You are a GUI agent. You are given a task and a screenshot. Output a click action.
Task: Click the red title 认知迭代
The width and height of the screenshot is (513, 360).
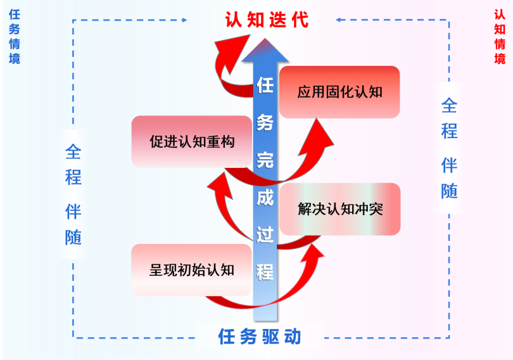pos(267,20)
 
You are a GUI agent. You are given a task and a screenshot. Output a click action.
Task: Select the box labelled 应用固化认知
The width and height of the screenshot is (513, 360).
pos(339,92)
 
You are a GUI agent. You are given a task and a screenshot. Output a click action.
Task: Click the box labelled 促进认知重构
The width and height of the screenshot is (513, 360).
pos(192,141)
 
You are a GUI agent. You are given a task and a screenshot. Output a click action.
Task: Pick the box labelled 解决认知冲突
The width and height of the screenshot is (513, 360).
pos(340,209)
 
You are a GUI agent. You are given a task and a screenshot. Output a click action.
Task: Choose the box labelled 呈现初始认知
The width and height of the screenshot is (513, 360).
pos(191,270)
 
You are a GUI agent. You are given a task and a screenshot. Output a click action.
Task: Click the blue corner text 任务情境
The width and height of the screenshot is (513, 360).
pos(14,37)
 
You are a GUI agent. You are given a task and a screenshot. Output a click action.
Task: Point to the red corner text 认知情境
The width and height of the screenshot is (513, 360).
pos(500,37)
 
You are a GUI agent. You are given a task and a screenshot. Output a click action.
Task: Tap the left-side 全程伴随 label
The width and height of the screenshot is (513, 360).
pos(73,195)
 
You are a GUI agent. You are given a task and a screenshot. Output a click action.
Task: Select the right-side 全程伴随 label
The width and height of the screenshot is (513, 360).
pos(449,148)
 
